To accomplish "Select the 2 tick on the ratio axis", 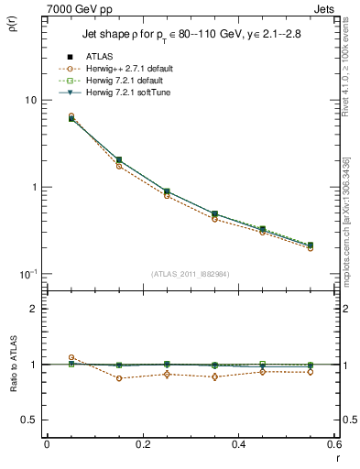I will [31, 309].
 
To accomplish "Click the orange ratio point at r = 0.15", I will [119, 378].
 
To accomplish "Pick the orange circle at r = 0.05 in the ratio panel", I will [71, 358].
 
